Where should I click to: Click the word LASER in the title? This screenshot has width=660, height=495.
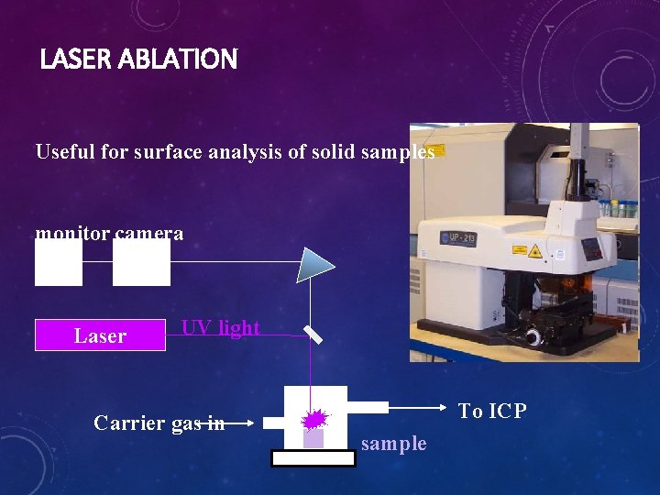(x=74, y=60)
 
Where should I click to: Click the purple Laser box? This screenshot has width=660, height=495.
(x=100, y=335)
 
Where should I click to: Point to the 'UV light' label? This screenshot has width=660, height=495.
(x=220, y=327)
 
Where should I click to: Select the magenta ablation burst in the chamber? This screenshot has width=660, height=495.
(x=314, y=420)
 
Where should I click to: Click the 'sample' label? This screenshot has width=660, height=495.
(x=393, y=444)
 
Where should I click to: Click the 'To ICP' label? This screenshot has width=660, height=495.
(x=492, y=411)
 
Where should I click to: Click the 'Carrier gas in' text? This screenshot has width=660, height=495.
(x=159, y=423)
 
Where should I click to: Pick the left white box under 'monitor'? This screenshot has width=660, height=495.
(x=59, y=264)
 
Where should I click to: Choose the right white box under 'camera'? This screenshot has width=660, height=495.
(x=141, y=264)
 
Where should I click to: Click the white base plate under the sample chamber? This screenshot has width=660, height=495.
(x=313, y=458)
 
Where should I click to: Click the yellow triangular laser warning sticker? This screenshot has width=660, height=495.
(x=533, y=249)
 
